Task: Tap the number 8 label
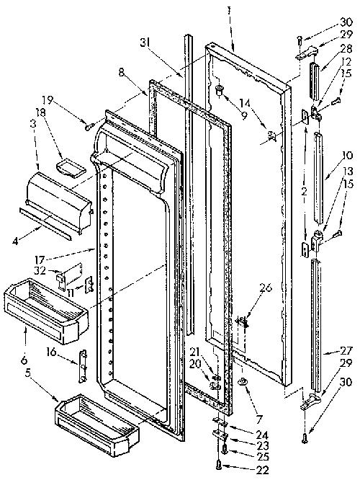pyautogui.click(x=121, y=74)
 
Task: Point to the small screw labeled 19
pyautogui.click(x=89, y=126)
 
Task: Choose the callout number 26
pyautogui.click(x=265, y=288)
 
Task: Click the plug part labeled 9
pyautogui.click(x=219, y=89)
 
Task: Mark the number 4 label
pyautogui.click(x=16, y=241)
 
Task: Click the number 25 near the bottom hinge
pyautogui.click(x=262, y=456)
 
